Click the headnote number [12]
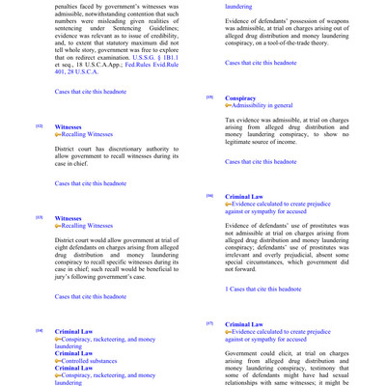(39, 126)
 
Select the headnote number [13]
(39, 219)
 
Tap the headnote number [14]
(39, 331)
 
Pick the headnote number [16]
(209, 196)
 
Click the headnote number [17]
(209, 323)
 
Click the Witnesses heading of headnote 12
(69, 126)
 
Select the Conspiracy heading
(240, 98)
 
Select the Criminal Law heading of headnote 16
(246, 196)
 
